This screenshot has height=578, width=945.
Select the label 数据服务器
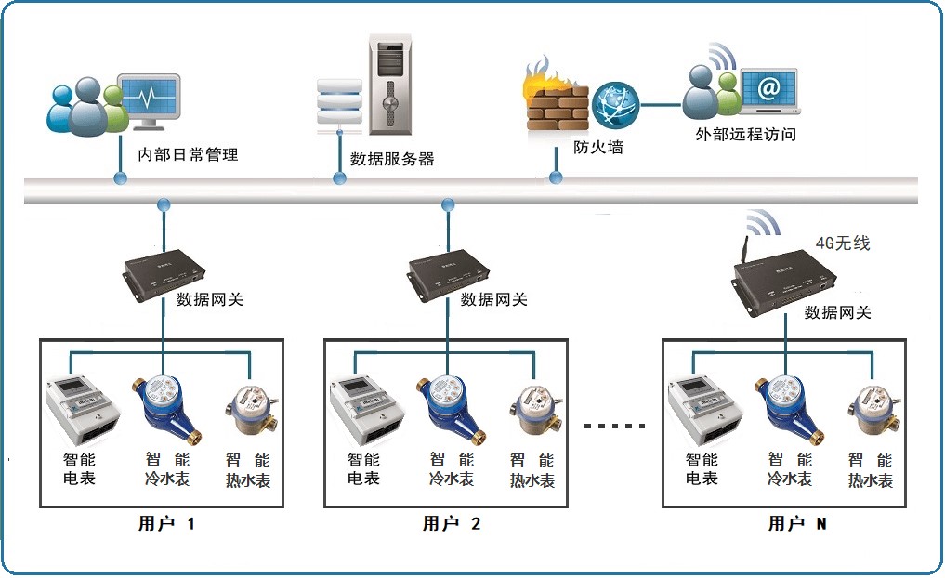coord(392,159)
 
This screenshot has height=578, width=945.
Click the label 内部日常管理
coord(188,155)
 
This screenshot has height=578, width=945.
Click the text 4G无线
coord(842,243)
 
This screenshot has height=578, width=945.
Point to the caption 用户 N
coord(796,524)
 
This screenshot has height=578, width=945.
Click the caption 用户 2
coord(452,524)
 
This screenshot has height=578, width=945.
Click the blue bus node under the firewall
coord(557,177)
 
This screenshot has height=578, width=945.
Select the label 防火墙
coord(597,147)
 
